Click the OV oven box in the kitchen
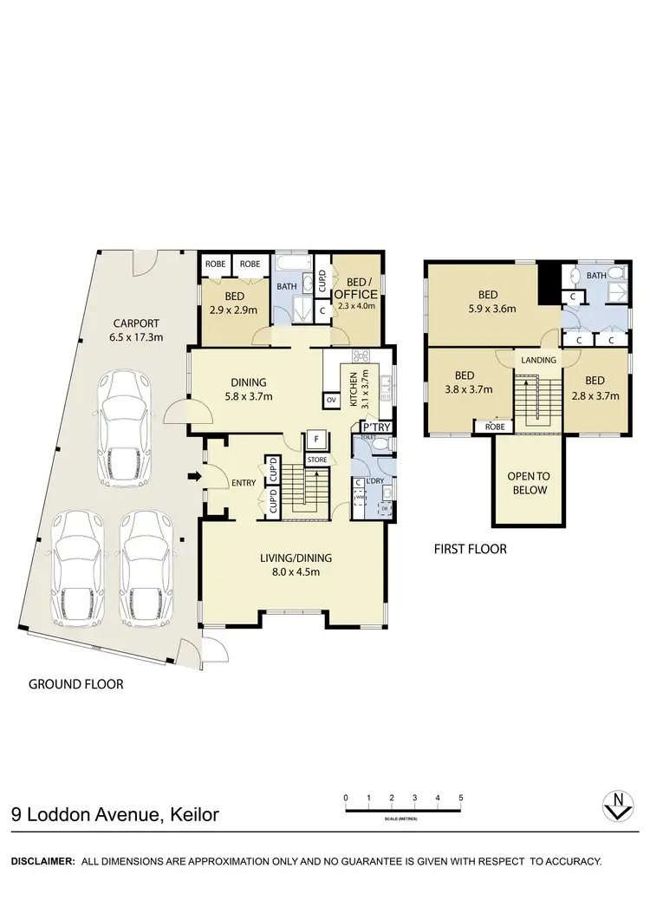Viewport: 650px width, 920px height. click(x=331, y=400)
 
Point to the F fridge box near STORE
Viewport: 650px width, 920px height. click(x=317, y=439)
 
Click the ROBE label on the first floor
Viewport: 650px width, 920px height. click(x=495, y=427)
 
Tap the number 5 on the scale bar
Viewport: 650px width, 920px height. click(x=461, y=797)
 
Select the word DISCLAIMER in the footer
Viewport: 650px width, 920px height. click(x=42, y=862)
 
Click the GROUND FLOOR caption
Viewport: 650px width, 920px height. click(x=76, y=684)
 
